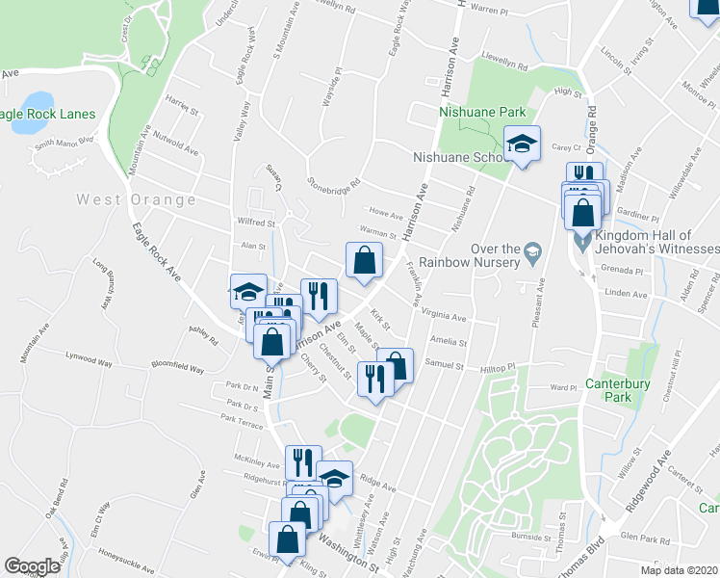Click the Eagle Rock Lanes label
pos(48,114)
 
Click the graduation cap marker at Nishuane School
pos(523,145)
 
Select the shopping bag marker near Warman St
pos(364,260)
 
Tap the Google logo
pos(32,566)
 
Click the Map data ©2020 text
pos(679,570)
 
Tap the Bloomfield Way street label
pos(178,368)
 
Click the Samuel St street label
pos(446,366)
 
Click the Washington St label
pos(352,550)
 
